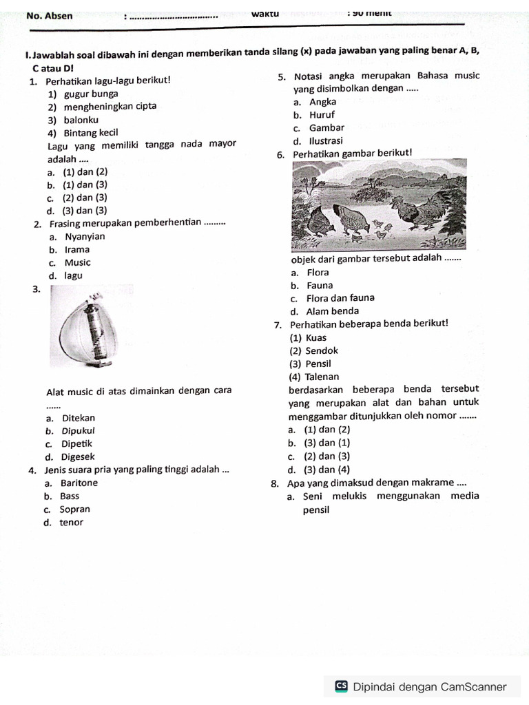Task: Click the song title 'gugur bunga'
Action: click(x=90, y=94)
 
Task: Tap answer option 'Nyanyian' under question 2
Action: click(x=85, y=237)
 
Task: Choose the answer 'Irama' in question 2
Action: click(x=77, y=250)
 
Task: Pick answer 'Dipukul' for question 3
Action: click(x=79, y=431)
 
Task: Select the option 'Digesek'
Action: click(x=79, y=457)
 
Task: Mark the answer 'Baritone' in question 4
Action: click(x=79, y=483)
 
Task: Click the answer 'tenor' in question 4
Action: click(x=72, y=523)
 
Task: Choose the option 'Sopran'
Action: click(x=75, y=509)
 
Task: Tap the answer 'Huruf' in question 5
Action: click(x=322, y=115)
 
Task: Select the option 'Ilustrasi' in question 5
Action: click(x=326, y=141)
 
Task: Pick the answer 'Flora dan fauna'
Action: click(x=340, y=298)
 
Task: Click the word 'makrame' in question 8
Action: click(x=434, y=483)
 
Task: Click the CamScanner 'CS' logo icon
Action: click(x=341, y=686)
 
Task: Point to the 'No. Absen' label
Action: click(x=49, y=16)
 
